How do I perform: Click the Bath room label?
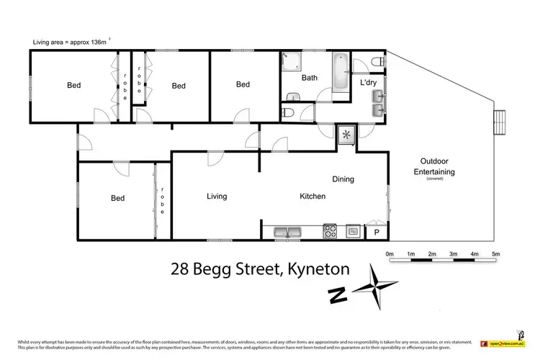point(310,78)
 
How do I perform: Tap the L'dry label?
point(368,84)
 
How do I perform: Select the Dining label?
point(343,179)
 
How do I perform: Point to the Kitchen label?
point(312,196)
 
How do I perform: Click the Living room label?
point(217,196)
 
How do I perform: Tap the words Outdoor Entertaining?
point(433,166)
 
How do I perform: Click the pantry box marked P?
point(375,232)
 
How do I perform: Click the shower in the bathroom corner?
point(290,62)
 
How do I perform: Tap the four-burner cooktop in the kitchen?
point(330,231)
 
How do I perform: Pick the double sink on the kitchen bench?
point(287,232)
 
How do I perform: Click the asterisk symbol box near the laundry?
point(347,135)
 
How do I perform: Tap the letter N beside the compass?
point(335,294)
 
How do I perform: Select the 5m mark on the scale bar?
point(495,253)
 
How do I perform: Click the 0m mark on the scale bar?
point(390,253)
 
